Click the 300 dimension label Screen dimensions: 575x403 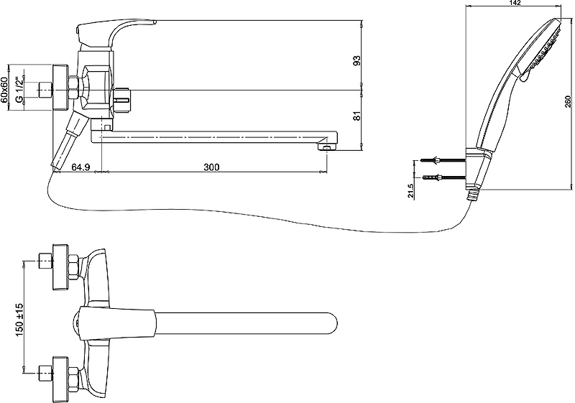click(211, 167)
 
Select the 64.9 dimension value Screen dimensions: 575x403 click(80, 167)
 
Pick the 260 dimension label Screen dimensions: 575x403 click(568, 101)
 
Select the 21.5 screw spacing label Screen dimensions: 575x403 click(410, 191)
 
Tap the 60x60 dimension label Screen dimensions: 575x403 click(4, 90)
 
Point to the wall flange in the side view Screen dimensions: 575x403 click(61, 88)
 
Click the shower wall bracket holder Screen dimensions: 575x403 click(474, 170)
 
